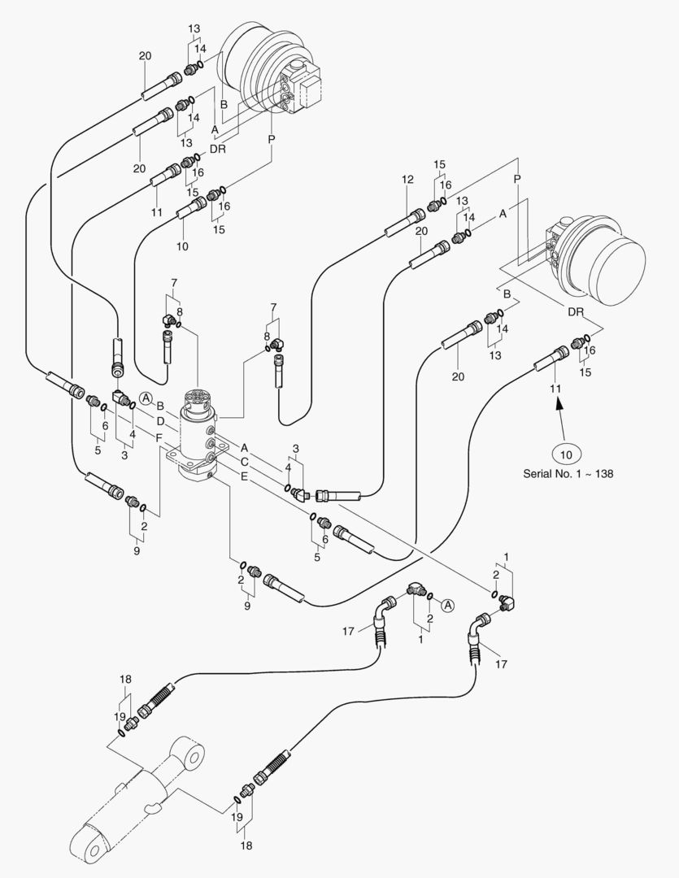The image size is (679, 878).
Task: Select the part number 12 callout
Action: click(x=407, y=179)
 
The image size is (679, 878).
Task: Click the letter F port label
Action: click(x=159, y=438)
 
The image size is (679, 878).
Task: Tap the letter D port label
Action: click(x=160, y=421)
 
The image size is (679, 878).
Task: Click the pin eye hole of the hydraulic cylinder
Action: click(x=194, y=757)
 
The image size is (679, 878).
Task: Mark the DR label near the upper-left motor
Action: click(x=217, y=150)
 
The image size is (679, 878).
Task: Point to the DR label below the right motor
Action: click(x=575, y=312)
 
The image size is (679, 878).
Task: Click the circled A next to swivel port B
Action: click(x=146, y=398)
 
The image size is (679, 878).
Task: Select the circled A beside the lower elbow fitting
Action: click(x=446, y=603)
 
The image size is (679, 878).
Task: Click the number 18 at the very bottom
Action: click(x=246, y=845)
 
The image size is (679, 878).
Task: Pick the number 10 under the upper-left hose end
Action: click(x=183, y=246)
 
